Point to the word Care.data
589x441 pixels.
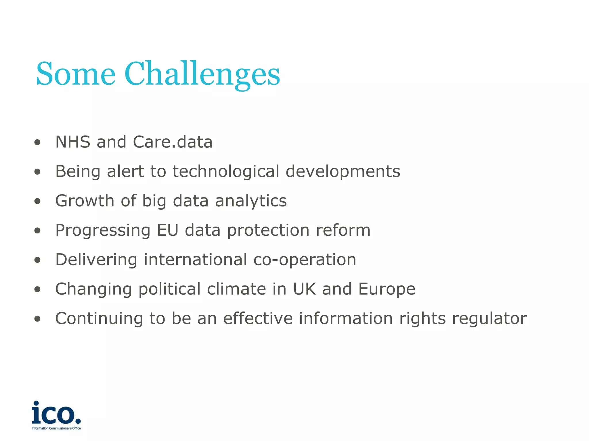coord(173,142)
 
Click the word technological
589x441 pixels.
coord(226,171)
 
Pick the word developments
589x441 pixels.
coord(343,171)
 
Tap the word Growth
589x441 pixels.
coord(85,201)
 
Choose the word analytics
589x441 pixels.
coord(251,201)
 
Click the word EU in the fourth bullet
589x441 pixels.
coord(167,230)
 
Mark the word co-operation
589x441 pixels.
coord(305,260)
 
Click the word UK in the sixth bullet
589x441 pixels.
coord(304,289)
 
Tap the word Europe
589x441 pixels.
coord(387,289)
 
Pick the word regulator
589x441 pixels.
coord(489,319)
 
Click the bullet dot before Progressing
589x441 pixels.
coord(37,231)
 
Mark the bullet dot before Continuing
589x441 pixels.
coord(37,319)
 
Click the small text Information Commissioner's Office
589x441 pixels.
coord(56,428)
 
